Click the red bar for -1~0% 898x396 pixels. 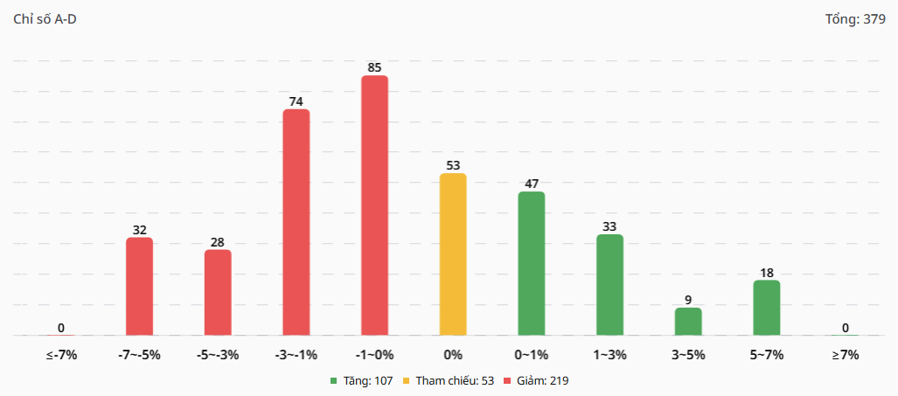tap(374, 205)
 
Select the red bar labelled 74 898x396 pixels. tap(296, 222)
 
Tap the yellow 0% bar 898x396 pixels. tap(453, 254)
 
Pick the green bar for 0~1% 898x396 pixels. tap(531, 263)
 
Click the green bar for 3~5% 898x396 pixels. tap(688, 322)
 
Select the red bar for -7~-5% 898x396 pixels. tap(139, 287)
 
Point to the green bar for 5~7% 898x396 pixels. tap(767, 308)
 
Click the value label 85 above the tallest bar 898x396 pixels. tap(374, 67)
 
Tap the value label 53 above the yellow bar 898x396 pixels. tap(453, 165)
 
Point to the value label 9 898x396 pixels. tap(688, 300)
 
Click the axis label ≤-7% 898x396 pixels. tap(61, 355)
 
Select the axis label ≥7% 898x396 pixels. tap(846, 355)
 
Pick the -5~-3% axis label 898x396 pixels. tap(218, 355)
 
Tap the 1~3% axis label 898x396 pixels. tap(609, 355)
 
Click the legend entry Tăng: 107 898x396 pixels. tap(361, 381)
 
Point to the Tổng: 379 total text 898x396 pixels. tap(855, 19)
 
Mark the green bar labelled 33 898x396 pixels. tap(609, 285)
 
